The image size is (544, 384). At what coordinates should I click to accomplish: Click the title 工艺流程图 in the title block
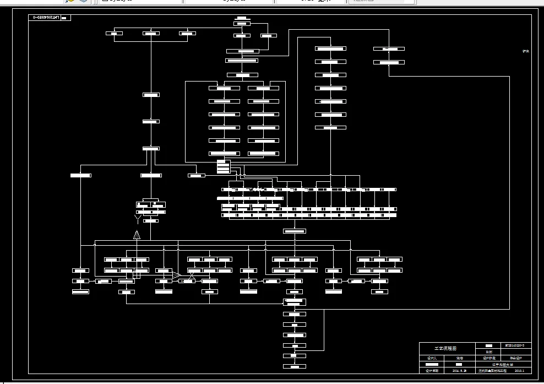pos(445,348)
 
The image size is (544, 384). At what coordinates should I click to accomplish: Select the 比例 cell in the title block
pos(489,351)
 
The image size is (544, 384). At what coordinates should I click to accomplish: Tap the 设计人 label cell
pos(432,358)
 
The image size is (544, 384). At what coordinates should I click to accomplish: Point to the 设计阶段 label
pos(489,358)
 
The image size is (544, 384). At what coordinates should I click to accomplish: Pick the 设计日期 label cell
pos(432,371)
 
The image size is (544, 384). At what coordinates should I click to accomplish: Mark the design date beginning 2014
pos(459,371)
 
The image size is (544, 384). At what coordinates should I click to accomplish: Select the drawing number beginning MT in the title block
pos(518,345)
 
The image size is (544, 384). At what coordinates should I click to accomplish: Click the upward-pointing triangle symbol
pos(137,235)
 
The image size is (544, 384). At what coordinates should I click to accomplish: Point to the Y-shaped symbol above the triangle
pos(138,220)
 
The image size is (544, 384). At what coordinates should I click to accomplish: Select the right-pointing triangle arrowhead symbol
pos(176,274)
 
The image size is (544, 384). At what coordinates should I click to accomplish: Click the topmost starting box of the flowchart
pos(242,23)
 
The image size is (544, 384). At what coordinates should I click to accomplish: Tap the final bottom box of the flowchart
pos(295,366)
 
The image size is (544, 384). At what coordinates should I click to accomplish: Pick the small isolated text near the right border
pos(525,51)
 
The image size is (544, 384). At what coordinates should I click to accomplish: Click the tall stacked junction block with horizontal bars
pos(224,166)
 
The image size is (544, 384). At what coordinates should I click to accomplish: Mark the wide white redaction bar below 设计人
pos(432,365)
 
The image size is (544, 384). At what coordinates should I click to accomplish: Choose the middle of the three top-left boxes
pos(151,34)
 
